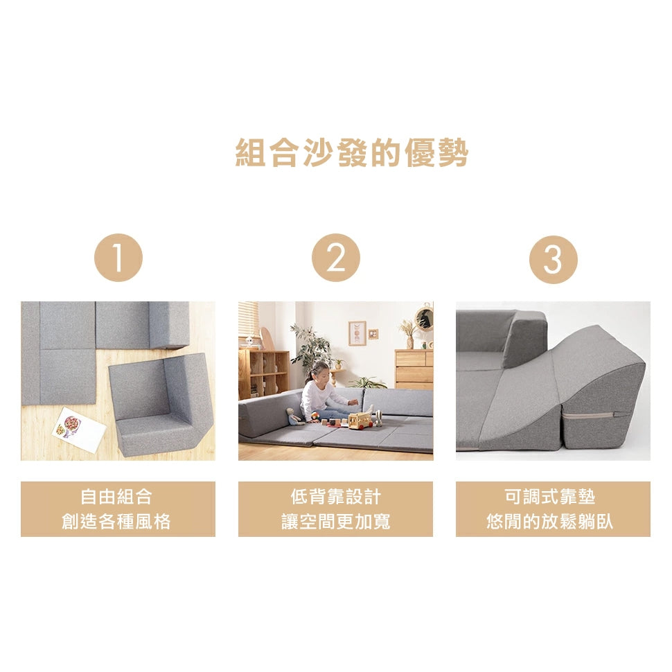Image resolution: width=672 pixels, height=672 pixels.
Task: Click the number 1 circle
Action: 118,258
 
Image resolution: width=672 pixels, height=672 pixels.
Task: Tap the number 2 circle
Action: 336,258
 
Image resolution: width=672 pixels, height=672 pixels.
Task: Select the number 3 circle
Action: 553,259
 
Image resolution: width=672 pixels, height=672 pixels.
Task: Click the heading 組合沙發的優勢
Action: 352,153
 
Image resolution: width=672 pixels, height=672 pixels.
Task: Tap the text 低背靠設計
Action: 335,497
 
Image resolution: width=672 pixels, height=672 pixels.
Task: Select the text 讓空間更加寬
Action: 335,522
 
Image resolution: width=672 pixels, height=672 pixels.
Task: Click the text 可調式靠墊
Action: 552,497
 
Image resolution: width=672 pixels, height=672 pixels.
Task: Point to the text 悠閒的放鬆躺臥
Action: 552,522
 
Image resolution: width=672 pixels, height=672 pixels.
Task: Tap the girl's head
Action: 321,370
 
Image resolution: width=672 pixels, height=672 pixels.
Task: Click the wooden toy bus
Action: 360,418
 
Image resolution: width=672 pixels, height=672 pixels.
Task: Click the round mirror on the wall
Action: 424,318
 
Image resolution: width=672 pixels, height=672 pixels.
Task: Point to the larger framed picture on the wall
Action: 357,333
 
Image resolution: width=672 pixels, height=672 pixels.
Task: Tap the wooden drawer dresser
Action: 414,369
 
